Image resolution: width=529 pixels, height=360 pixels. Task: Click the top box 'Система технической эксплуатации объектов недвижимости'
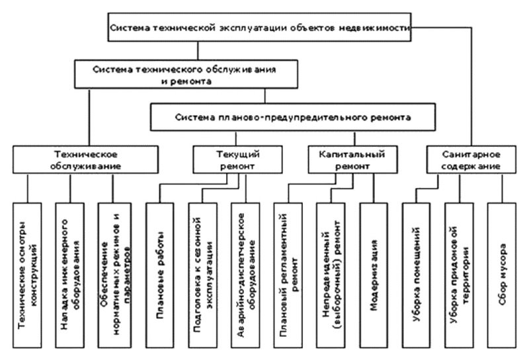coord(259,27)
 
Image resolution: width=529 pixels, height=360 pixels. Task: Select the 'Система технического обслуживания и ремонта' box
coord(186,74)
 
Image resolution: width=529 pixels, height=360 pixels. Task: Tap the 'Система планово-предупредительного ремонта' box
coord(293,117)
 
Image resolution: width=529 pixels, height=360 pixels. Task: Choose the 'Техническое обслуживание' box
coord(86,159)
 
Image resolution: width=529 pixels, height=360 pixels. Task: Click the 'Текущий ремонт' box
coord(238,159)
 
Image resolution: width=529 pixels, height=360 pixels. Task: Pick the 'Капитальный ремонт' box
coord(353,159)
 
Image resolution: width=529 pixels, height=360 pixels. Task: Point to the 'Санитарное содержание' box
coord(471,159)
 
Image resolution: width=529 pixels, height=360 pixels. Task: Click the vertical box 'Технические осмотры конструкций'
coord(27,275)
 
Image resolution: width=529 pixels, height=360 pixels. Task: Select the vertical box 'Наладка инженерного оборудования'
coord(70,275)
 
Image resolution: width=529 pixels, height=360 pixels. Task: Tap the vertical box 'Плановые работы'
coord(160,275)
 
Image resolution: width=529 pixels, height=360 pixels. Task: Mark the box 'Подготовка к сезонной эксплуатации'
coord(203,275)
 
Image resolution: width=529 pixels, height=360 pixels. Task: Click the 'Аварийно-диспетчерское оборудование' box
coord(245,275)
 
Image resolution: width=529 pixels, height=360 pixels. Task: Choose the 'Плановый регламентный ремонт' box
coord(288,275)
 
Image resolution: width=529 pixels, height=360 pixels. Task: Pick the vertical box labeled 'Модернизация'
coord(374,275)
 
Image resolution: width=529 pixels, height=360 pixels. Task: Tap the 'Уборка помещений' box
coord(416,275)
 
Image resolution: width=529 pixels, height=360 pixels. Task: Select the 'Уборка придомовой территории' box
coord(459,275)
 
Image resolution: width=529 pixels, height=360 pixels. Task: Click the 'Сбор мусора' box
coord(502,275)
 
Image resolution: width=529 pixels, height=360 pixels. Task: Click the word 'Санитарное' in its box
coord(471,154)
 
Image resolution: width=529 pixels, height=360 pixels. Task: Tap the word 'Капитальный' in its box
coord(352,154)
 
